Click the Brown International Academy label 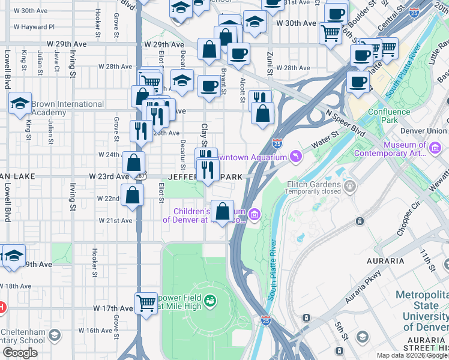(67, 108)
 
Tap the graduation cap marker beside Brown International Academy (20, 103)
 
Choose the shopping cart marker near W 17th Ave (146, 303)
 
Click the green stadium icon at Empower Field (209, 299)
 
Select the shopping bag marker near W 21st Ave (222, 212)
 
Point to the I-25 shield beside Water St (277, 143)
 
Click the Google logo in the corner (19, 353)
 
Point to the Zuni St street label (270, 63)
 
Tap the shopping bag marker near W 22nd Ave (131, 196)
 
